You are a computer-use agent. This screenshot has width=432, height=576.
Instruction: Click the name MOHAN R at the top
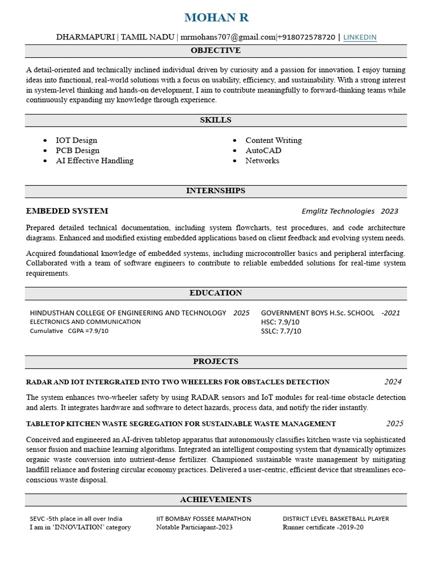216,17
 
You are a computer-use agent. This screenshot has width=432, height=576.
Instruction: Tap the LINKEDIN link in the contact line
359,37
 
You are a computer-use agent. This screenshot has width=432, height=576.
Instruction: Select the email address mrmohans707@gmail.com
228,37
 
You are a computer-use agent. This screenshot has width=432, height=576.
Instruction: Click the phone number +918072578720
307,37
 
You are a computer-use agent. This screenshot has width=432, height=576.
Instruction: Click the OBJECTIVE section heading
215,51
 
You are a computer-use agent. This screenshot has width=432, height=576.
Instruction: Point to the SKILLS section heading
215,120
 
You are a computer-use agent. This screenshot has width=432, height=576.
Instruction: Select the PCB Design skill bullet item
78,150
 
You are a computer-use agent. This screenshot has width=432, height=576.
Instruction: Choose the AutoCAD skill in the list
263,150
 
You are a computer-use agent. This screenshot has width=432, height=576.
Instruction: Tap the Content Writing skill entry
273,140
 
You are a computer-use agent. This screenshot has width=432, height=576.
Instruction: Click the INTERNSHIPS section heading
215,191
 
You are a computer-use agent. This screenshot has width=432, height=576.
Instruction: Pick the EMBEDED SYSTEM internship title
67,211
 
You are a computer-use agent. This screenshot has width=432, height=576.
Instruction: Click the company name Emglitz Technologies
338,211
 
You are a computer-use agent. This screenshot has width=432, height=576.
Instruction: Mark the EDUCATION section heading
215,292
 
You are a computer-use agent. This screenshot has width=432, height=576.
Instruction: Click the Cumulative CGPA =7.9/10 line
69,331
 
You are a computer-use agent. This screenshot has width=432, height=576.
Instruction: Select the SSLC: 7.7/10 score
281,331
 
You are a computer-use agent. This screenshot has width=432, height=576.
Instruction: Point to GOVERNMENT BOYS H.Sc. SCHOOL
317,313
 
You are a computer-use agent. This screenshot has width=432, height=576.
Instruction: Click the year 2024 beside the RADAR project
393,381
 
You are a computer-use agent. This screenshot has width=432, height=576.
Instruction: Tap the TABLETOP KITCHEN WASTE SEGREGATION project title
181,424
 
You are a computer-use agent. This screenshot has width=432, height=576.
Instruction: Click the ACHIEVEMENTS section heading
215,499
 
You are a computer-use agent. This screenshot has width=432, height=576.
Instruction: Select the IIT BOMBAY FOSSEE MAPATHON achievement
204,519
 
